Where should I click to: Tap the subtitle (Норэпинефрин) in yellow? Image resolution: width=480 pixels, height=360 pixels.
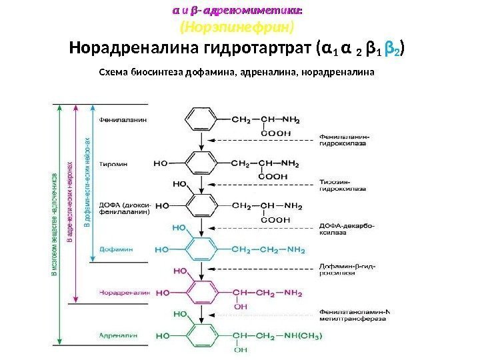pos(238,29)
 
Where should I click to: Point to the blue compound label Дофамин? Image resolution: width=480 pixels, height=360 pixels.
pos(117,249)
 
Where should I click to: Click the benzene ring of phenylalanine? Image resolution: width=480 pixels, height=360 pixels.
pos(199,120)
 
